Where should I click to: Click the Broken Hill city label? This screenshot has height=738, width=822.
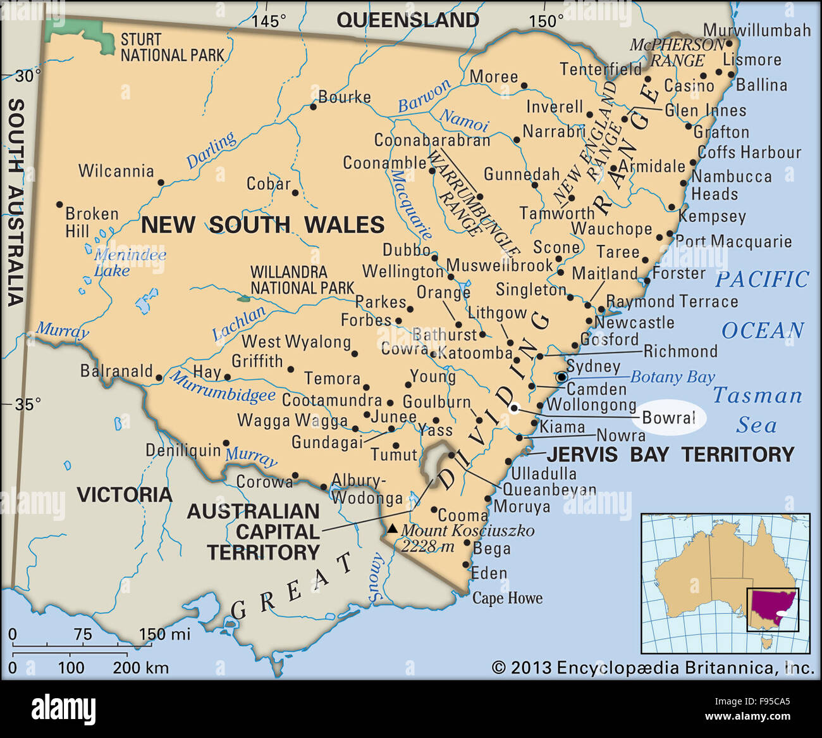coord(92,222)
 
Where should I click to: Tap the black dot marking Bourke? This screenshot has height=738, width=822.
coord(313,107)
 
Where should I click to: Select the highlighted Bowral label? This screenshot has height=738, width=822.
coord(669,418)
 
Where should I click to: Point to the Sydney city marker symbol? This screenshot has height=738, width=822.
coord(561,377)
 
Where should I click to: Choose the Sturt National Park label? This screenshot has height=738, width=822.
coord(172,47)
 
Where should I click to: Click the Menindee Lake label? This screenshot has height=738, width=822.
coord(130,263)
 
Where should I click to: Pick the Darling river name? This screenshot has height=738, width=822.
coord(211,150)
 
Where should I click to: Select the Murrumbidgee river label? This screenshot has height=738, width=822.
coord(223,387)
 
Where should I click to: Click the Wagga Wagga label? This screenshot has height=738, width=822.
coord(292,420)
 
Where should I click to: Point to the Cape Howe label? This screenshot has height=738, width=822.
coord(507,598)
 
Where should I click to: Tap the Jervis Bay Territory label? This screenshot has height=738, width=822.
coord(670,454)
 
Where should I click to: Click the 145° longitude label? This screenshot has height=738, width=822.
coord(269,21)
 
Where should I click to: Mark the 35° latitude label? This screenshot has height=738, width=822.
coord(28,404)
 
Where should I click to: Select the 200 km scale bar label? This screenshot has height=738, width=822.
coord(140,667)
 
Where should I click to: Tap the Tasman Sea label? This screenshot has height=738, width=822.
coord(758,410)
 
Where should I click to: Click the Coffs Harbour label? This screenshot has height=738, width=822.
coord(749,153)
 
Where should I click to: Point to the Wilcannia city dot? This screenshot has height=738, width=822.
coord(161,182)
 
